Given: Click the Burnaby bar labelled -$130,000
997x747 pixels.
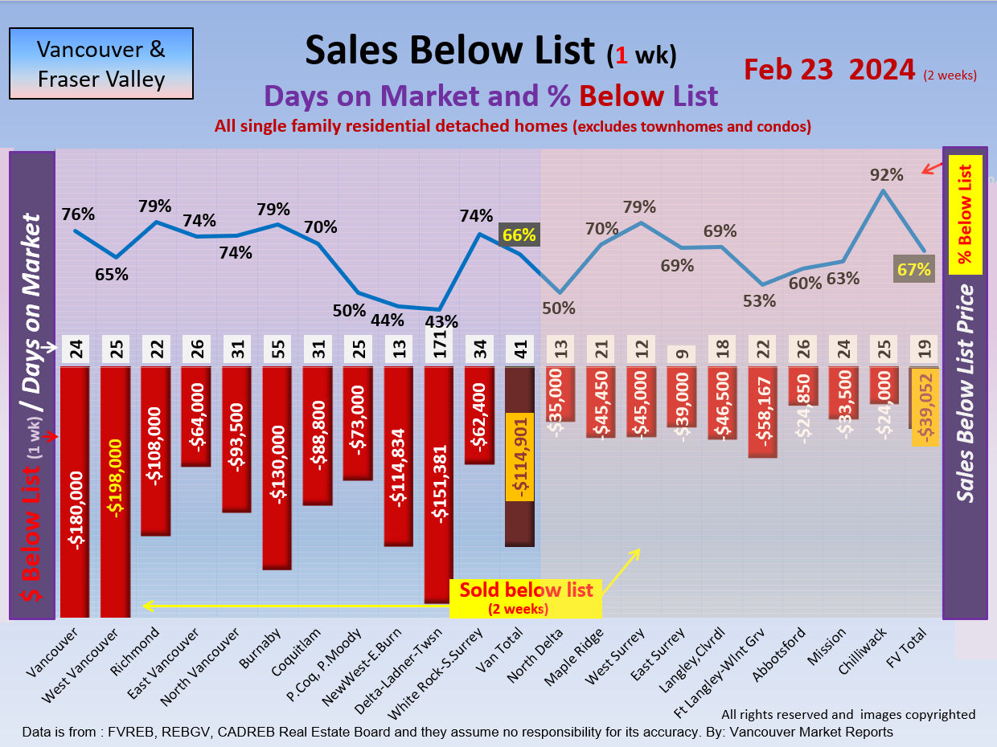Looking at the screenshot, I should click(x=278, y=467).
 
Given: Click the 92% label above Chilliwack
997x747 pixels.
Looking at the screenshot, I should click(x=886, y=174).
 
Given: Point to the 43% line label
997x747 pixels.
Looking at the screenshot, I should click(x=441, y=322).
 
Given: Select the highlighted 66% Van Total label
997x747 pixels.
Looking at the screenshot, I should click(x=519, y=235).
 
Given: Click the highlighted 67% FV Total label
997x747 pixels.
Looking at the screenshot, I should click(x=914, y=270).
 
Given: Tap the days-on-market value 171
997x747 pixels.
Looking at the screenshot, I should click(x=441, y=350).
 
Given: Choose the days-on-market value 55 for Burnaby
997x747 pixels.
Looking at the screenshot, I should click(x=278, y=350).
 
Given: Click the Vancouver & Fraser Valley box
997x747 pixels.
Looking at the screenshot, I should click(x=101, y=64).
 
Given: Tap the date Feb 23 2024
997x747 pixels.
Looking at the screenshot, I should click(x=829, y=70).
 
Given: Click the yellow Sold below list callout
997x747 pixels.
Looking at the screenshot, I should click(x=526, y=598).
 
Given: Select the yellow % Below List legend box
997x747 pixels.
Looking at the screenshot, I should click(x=966, y=214).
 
